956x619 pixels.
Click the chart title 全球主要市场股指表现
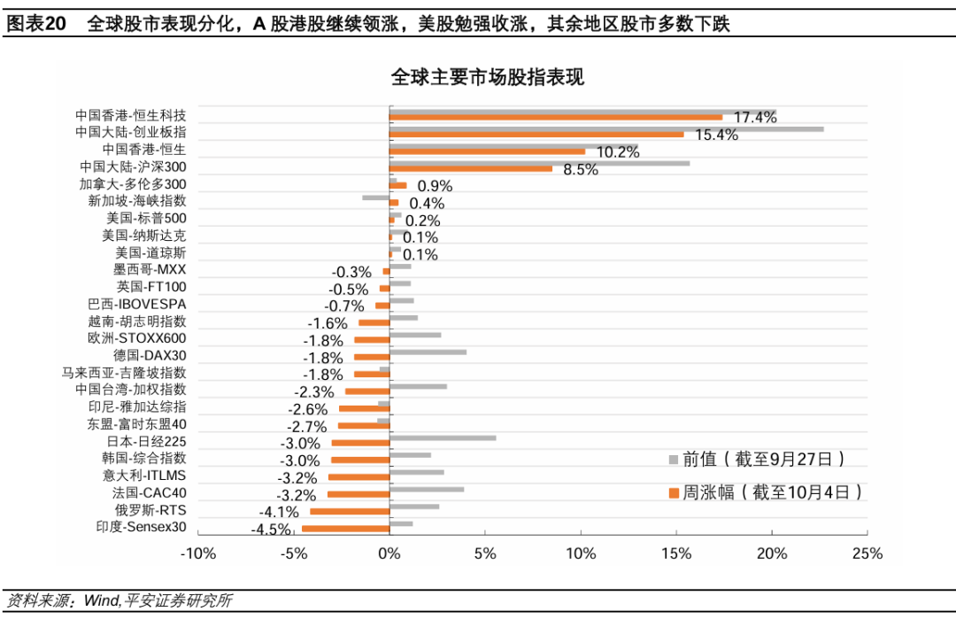(487, 78)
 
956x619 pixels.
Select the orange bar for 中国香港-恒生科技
(555, 117)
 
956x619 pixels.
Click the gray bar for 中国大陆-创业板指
(606, 128)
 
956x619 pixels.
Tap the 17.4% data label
(755, 118)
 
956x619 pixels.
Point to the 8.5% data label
(581, 169)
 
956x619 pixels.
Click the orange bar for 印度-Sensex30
(345, 528)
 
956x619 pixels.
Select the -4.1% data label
(278, 512)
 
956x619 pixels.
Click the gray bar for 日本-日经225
(443, 437)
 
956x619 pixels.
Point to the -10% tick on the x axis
(197, 553)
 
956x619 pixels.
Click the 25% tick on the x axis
(867, 553)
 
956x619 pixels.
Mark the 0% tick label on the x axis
(389, 553)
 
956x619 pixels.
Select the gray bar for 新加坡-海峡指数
(376, 197)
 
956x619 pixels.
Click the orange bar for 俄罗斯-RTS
(350, 511)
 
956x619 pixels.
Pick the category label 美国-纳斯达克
(146, 236)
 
